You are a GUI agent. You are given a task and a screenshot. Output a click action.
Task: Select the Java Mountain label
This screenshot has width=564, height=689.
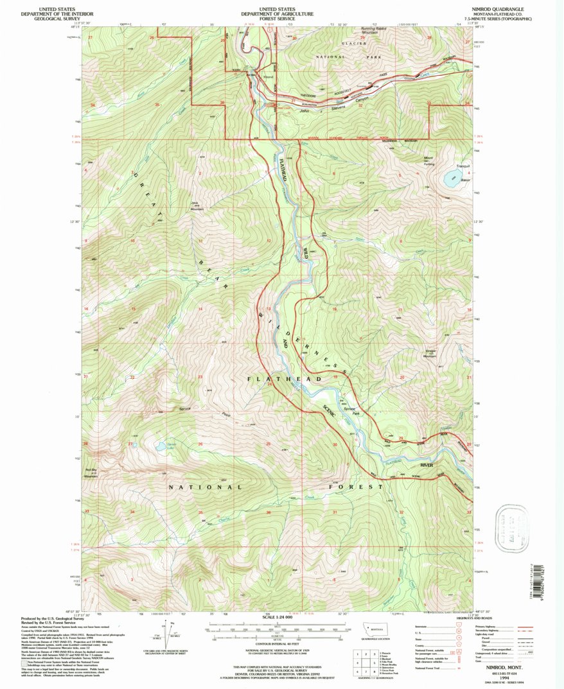(197, 206)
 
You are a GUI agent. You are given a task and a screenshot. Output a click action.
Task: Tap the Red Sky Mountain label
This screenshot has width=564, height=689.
(91, 473)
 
